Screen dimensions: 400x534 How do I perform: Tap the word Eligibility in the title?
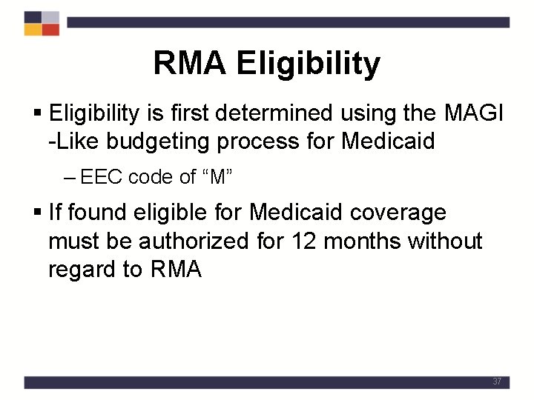[309, 64]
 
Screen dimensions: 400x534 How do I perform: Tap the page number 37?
[497, 381]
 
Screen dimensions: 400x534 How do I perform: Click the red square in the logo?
[50, 30]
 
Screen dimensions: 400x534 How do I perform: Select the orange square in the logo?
[33, 30]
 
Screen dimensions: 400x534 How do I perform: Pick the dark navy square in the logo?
[33, 17]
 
